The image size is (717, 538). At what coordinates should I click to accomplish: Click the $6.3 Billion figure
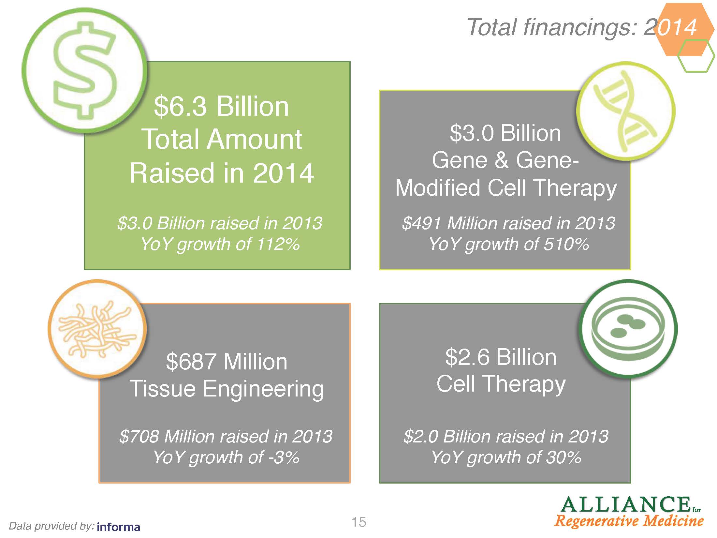221,106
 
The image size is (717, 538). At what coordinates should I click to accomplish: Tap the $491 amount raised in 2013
422,223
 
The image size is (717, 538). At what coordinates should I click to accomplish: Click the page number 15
359,522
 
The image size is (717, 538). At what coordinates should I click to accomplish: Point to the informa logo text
119,527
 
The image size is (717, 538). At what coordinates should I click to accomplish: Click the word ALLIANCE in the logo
625,504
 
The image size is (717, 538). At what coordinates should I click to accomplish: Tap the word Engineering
263,390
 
